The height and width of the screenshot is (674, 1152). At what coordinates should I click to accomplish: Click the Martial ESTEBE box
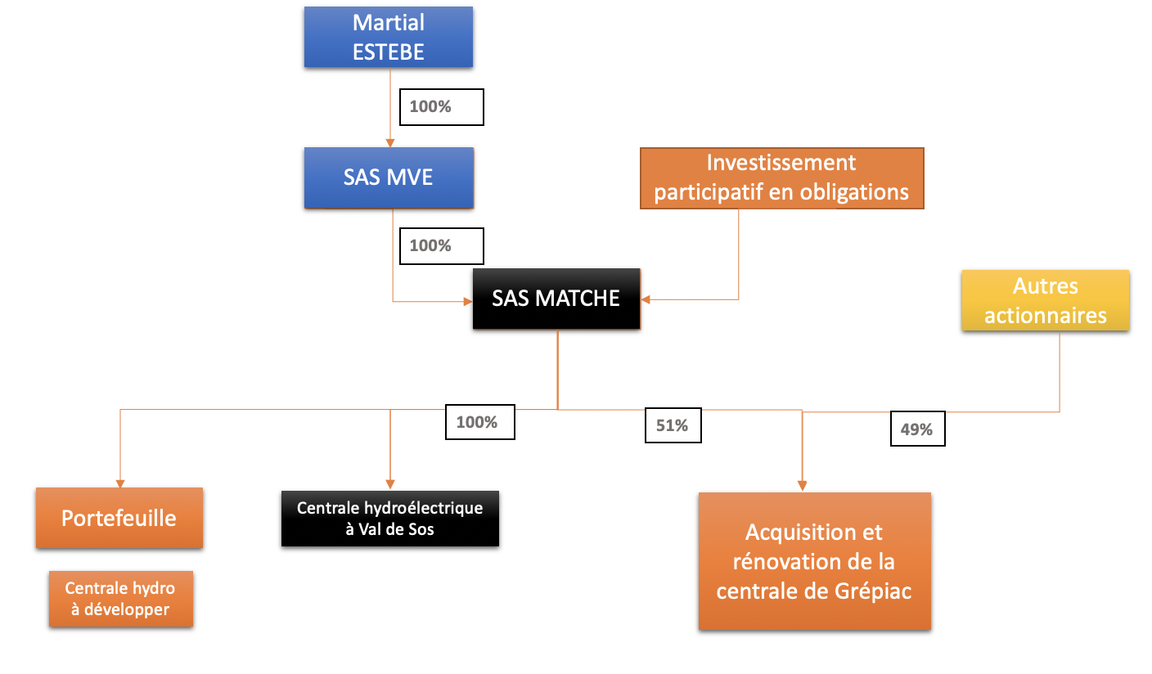click(x=389, y=37)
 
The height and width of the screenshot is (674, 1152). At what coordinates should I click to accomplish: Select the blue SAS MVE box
click(x=389, y=177)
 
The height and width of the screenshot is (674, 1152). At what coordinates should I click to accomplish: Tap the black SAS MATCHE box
click(x=556, y=299)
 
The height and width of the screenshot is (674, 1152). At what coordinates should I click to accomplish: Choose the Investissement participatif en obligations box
click(x=781, y=177)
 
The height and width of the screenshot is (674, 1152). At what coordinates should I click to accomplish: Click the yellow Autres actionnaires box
click(x=1045, y=300)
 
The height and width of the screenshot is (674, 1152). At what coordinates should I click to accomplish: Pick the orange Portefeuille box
click(x=119, y=518)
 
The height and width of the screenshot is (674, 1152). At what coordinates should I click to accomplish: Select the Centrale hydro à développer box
click(x=120, y=599)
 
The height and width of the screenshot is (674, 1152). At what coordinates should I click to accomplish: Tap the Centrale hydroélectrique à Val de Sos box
click(x=389, y=518)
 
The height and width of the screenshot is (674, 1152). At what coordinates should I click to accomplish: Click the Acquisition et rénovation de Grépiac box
click(x=814, y=561)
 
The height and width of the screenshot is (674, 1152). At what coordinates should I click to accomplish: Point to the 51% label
click(x=673, y=425)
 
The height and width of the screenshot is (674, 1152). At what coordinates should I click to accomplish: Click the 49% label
click(x=917, y=429)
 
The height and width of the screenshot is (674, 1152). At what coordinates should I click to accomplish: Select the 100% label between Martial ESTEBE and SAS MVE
click(x=441, y=107)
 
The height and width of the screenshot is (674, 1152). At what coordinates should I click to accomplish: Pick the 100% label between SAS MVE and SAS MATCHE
click(x=441, y=245)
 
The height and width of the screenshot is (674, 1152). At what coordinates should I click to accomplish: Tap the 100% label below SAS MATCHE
click(x=479, y=422)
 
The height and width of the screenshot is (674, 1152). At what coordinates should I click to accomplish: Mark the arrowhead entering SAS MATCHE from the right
click(x=646, y=299)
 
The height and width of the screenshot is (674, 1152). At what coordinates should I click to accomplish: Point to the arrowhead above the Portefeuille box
click(x=120, y=483)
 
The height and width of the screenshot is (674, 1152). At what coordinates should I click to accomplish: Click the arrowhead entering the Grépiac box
click(x=803, y=487)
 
